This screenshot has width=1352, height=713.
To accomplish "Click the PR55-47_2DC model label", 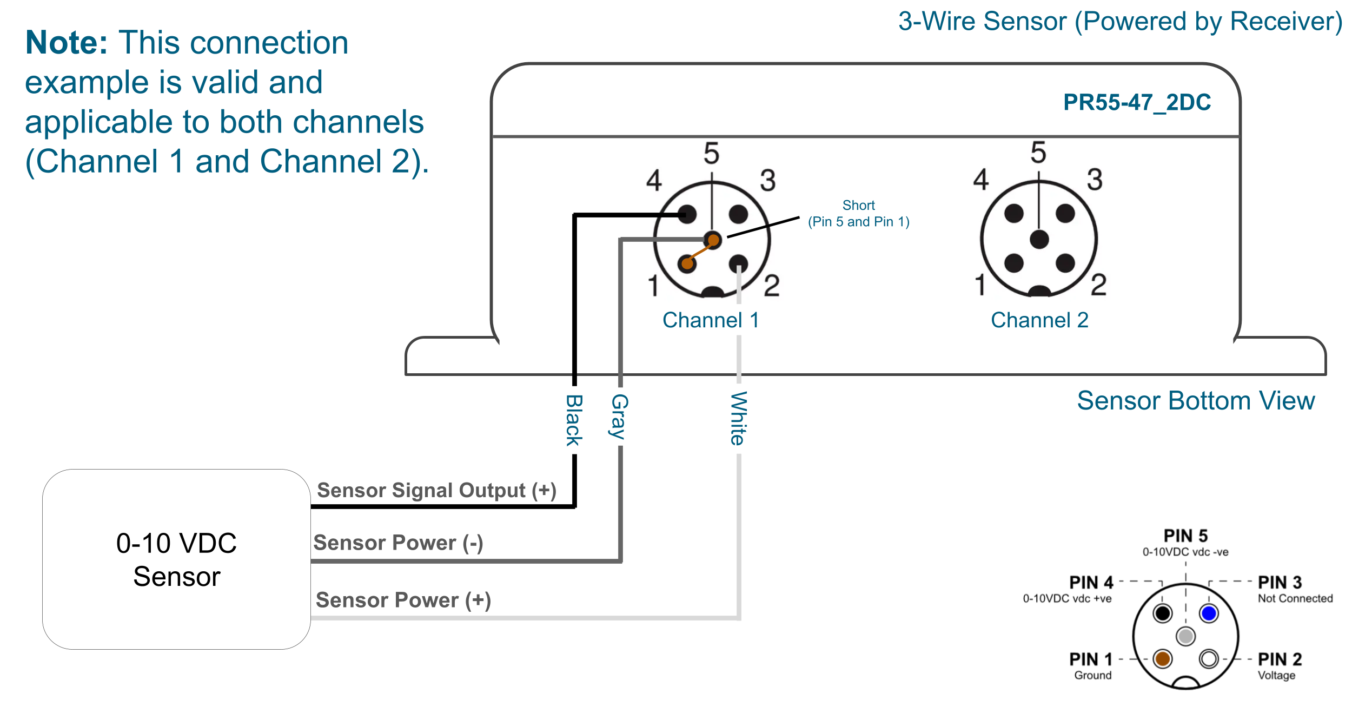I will coord(1137,102).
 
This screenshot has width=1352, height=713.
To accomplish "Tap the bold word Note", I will coord(67,43).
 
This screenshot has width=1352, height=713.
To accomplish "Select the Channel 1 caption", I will coord(711,320).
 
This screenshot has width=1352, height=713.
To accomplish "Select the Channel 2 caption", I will coord(1039,320).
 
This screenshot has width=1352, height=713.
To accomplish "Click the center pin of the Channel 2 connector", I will coord(1039,239).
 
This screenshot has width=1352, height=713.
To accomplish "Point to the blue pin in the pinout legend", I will coord(1209,613).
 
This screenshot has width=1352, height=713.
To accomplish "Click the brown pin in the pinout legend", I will coord(1163,659).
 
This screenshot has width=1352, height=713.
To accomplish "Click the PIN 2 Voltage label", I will coord(1280,666).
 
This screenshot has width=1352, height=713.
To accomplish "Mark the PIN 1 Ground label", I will coord(1091,666).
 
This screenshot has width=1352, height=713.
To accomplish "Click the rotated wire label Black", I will coord(574,420).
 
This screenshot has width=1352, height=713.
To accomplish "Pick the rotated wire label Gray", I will coord(619,417).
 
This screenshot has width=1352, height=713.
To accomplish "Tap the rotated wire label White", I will coord(739,419).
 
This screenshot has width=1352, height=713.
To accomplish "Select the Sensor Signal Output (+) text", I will coord(436,490).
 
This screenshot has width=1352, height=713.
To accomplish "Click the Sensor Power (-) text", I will coord(398,543).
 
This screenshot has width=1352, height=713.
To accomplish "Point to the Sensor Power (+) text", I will coord(403,600).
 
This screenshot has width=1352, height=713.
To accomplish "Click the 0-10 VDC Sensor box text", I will coord(176,559).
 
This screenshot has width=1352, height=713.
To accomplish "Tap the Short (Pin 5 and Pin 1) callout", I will coord(858,214).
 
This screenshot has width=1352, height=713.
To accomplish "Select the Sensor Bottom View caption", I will coord(1196,401).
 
